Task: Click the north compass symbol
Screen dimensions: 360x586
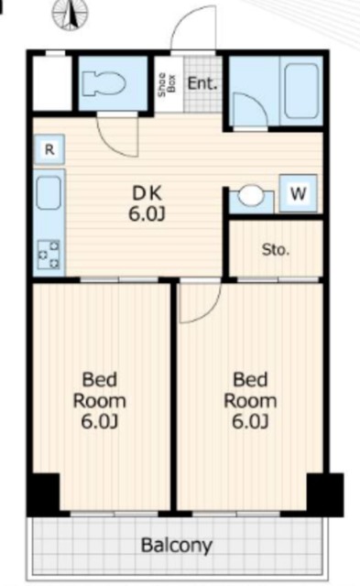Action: click(x=71, y=14)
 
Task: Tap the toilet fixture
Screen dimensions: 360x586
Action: click(x=104, y=83)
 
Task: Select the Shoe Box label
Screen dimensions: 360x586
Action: click(x=167, y=84)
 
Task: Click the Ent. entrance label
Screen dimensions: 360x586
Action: click(x=202, y=83)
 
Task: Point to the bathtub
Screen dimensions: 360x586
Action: click(x=301, y=91)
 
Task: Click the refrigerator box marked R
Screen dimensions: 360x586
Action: click(x=49, y=150)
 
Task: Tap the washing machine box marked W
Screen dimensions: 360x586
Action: click(x=299, y=193)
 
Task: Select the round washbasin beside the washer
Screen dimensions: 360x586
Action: click(x=250, y=195)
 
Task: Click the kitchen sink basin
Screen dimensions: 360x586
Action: click(x=49, y=193)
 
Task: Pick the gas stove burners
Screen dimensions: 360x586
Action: click(x=49, y=255)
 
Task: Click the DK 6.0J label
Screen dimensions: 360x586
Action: click(x=147, y=203)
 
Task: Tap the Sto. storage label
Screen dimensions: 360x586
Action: click(x=276, y=249)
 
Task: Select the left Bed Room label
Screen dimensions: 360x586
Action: click(x=100, y=401)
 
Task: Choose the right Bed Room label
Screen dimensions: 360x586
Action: click(x=250, y=401)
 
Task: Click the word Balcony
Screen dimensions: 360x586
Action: click(x=177, y=546)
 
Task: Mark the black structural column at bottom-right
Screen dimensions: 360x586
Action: click(x=325, y=494)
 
